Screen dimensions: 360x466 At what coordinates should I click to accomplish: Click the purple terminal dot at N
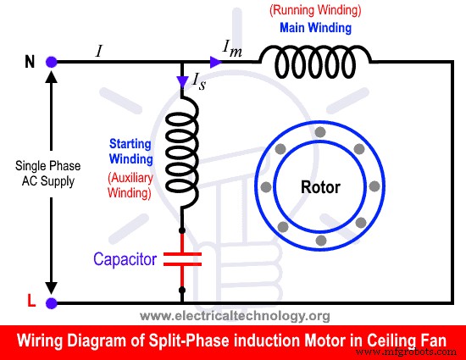coord(52,62)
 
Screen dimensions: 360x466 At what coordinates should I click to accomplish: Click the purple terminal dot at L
coord(52,302)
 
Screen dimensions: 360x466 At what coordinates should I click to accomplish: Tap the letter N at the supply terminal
coord(29,62)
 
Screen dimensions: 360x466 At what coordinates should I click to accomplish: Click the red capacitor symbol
coord(183,258)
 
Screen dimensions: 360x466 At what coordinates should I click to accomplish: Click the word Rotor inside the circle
coord(319,186)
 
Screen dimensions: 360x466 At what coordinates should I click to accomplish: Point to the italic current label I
coord(99,50)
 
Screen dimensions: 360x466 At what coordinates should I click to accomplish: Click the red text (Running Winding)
coord(315,12)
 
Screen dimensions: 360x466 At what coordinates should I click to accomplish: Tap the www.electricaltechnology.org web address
coord(234,316)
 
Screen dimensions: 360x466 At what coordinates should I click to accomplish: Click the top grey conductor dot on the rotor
coord(319,132)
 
